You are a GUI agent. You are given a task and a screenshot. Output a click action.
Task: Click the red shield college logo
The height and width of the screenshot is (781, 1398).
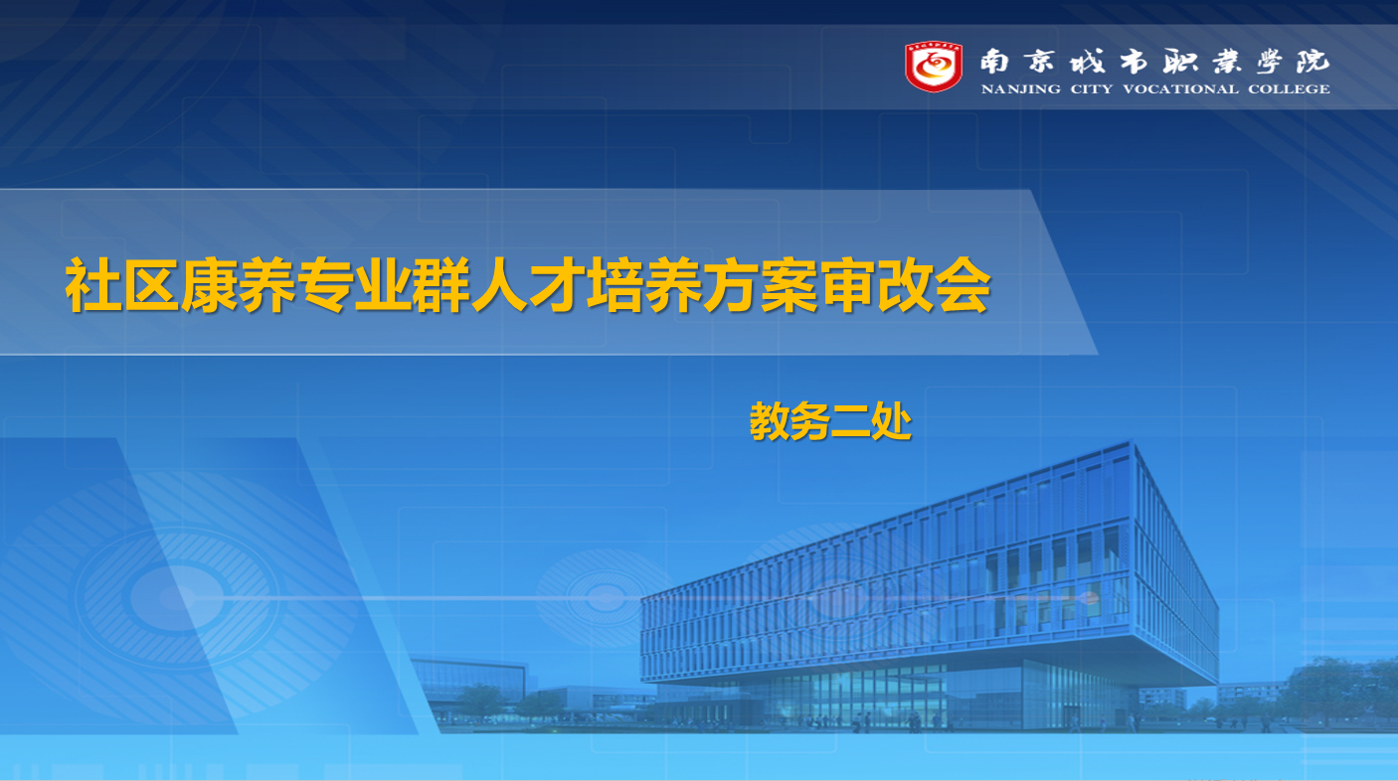click(934, 67)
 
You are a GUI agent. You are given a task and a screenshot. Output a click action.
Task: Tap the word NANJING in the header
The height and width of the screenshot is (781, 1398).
click(1020, 89)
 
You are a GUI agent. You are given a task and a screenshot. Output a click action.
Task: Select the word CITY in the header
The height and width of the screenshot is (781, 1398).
click(1092, 89)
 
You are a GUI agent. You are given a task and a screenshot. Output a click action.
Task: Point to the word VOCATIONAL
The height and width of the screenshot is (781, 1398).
click(1181, 89)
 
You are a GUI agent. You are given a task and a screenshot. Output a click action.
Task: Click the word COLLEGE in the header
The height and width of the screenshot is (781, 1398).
click(1289, 89)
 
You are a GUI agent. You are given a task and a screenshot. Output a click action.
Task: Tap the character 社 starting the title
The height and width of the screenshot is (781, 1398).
click(93, 284)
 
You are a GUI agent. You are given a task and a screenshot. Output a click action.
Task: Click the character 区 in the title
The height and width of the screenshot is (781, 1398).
click(152, 284)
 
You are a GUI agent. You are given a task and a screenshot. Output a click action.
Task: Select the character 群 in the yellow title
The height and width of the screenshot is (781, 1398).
click(440, 284)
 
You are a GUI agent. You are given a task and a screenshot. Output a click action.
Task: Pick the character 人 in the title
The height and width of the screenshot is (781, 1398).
click(499, 284)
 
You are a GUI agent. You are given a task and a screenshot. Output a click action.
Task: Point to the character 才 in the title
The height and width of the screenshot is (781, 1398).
click(557, 284)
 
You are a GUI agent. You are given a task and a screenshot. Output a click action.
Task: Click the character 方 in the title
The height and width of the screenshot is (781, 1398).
click(730, 284)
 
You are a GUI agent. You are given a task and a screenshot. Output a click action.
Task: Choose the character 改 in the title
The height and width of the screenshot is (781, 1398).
click(904, 284)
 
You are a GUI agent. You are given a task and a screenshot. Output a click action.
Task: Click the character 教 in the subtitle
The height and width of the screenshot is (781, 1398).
click(770, 421)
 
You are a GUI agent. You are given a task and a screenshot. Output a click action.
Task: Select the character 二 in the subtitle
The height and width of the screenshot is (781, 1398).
click(851, 421)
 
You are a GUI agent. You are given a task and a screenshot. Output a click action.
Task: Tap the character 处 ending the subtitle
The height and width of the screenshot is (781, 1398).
click(891, 421)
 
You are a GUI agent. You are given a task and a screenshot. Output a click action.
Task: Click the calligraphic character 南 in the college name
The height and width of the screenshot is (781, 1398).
click(994, 63)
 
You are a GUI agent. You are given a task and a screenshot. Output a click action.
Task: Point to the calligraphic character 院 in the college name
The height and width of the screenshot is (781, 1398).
click(1312, 63)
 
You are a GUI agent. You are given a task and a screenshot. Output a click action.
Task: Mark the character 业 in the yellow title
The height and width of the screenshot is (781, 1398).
click(383, 284)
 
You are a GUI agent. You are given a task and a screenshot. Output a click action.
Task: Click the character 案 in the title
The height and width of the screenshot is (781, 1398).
click(788, 284)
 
